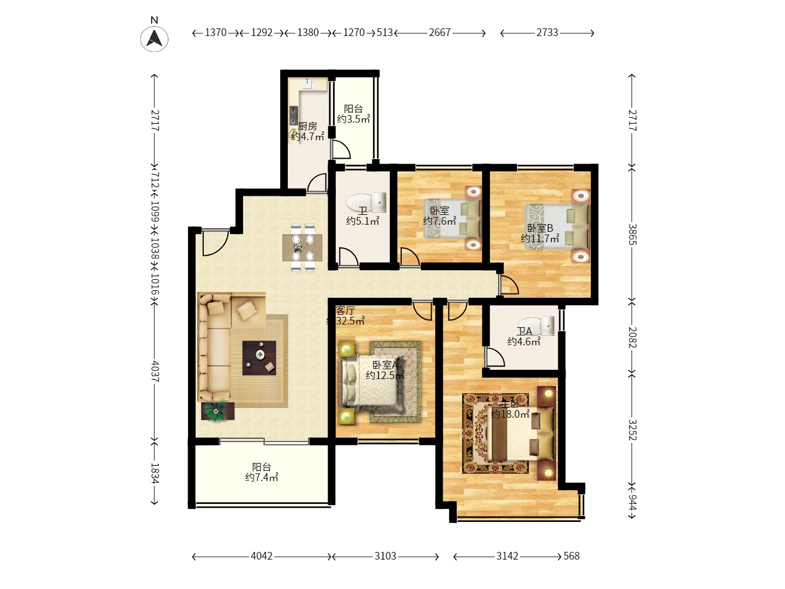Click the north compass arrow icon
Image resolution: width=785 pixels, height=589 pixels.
(x=154, y=39)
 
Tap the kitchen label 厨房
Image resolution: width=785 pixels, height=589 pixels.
(x=307, y=126)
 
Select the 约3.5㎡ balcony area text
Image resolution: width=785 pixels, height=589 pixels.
(x=353, y=119)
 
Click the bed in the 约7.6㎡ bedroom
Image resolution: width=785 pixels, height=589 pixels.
(x=452, y=218)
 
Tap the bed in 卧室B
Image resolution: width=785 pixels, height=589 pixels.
(x=557, y=226)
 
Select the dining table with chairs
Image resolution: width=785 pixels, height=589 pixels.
(x=303, y=247)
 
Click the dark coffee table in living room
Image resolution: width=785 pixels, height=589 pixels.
(x=259, y=358)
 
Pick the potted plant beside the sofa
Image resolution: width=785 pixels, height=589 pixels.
(x=218, y=411)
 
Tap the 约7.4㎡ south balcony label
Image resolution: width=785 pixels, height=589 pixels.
(x=262, y=478)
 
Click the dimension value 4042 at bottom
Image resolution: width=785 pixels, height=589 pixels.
(x=262, y=556)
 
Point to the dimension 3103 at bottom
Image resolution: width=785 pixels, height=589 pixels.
(x=385, y=556)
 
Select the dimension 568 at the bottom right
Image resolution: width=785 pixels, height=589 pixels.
(x=571, y=556)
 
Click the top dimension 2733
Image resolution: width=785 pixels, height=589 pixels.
(x=547, y=33)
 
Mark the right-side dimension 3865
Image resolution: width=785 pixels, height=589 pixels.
(x=632, y=234)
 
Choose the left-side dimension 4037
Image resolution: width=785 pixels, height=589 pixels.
(x=155, y=370)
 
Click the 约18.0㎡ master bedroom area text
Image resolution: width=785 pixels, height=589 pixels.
(x=510, y=414)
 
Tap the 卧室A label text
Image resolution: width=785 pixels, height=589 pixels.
(x=385, y=365)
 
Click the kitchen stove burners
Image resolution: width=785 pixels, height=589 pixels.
(x=293, y=115)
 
